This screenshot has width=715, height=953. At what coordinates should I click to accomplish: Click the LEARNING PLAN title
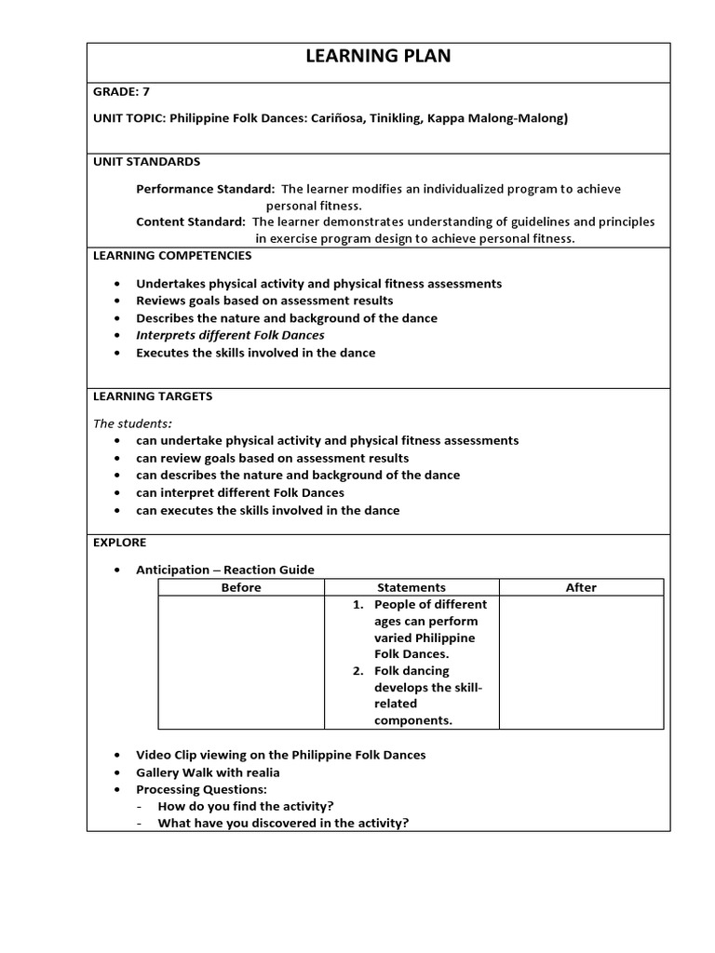tap(378, 57)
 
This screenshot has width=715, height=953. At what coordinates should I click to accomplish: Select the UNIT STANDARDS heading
tap(146, 161)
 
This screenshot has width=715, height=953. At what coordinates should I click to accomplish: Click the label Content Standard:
tap(191, 221)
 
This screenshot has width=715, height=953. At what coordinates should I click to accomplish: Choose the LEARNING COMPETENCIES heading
tap(171, 255)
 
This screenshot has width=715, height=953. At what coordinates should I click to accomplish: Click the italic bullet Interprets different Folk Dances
tap(230, 335)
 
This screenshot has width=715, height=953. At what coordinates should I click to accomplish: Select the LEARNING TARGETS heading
tap(152, 396)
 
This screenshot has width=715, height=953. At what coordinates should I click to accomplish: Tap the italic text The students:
tap(132, 423)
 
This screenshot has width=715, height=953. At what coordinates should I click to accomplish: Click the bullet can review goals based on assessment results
tap(272, 458)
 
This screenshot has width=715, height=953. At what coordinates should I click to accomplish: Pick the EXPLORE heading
tap(119, 542)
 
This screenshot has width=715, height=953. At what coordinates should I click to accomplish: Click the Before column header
tap(241, 587)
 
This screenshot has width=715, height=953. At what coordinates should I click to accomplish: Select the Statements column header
tap(411, 587)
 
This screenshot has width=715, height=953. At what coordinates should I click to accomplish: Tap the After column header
tap(581, 587)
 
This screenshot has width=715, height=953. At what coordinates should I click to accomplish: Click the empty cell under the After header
tap(581, 662)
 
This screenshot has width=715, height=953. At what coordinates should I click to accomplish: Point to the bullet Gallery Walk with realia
tap(208, 772)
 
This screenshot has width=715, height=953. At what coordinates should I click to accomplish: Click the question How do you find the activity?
tap(246, 806)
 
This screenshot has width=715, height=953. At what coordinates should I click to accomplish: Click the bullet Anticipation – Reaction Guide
tap(225, 570)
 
